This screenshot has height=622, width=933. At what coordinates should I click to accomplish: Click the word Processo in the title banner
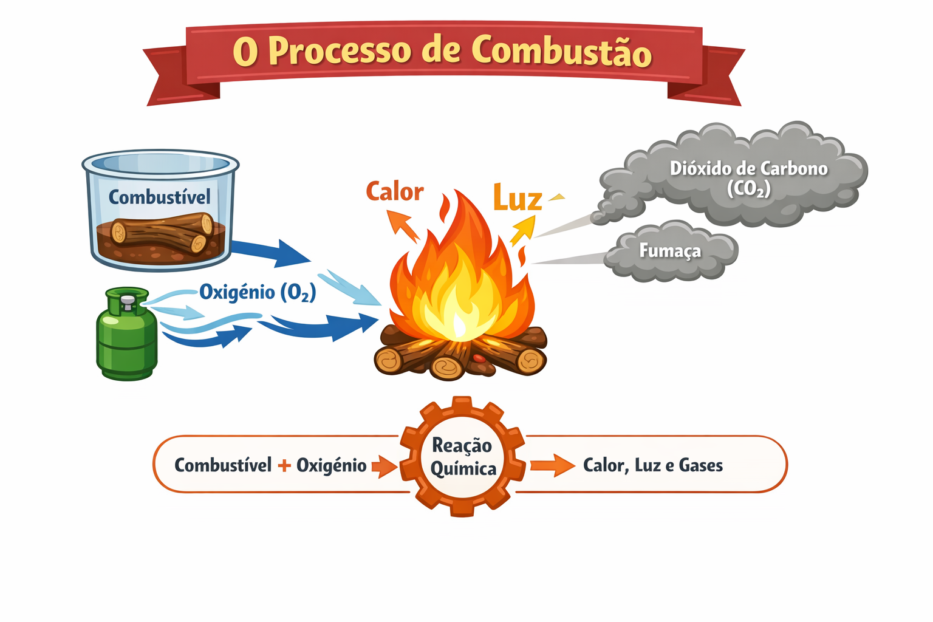(340, 51)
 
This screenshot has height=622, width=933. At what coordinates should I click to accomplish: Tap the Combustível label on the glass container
(160, 197)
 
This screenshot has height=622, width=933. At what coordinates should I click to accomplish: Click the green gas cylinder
(126, 333)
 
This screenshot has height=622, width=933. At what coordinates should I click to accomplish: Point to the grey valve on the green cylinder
(128, 302)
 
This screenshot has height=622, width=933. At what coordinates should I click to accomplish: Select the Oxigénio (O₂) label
(258, 292)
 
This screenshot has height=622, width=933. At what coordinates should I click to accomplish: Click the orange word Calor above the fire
(394, 192)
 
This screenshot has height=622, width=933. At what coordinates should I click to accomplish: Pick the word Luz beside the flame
(518, 198)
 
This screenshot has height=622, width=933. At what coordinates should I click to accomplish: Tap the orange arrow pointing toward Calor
(402, 226)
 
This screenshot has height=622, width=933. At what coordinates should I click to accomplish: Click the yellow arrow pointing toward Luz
(523, 230)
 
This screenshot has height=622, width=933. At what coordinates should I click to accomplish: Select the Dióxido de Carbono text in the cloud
(748, 169)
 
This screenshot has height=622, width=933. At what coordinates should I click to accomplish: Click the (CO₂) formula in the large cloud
(748, 189)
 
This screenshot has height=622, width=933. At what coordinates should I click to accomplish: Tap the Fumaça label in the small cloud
(670, 250)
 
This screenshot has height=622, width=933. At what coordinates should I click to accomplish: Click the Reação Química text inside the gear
(463, 457)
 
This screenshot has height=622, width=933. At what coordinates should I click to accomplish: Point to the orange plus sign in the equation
(284, 465)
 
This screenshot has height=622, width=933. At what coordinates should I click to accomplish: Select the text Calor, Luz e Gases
(653, 465)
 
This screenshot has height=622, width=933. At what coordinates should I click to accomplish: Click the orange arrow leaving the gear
(553, 465)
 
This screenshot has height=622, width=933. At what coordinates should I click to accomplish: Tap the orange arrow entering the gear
(384, 466)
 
